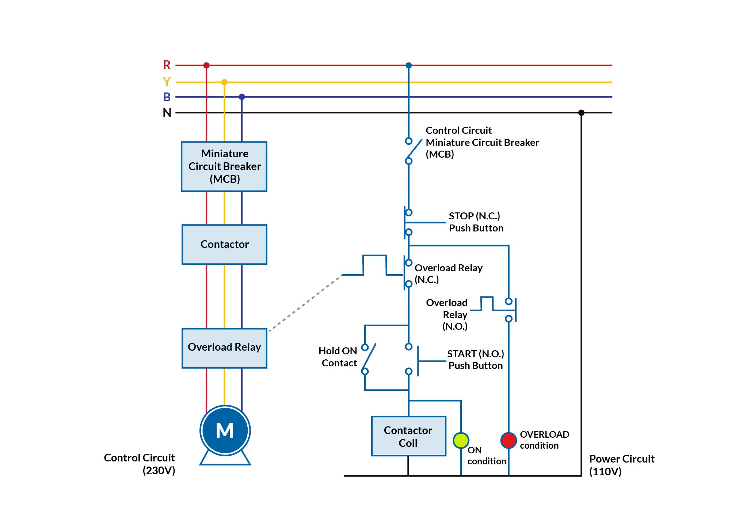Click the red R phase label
click(167, 65)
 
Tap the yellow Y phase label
click(167, 82)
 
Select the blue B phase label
click(167, 97)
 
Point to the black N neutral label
click(167, 113)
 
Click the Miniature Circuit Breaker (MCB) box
click(224, 166)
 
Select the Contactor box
click(224, 244)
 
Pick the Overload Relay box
click(224, 348)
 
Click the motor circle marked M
click(225, 430)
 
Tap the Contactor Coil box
click(408, 436)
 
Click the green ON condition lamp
click(461, 440)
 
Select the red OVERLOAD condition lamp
click(509, 440)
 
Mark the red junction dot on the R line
click(206, 65)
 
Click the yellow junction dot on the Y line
click(224, 82)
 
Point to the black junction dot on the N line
click(581, 113)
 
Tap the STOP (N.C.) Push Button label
click(476, 222)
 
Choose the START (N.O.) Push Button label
click(475, 359)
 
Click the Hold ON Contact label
click(338, 357)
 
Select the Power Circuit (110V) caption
click(621, 465)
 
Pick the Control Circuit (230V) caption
click(140, 464)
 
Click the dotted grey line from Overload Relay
click(305, 303)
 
